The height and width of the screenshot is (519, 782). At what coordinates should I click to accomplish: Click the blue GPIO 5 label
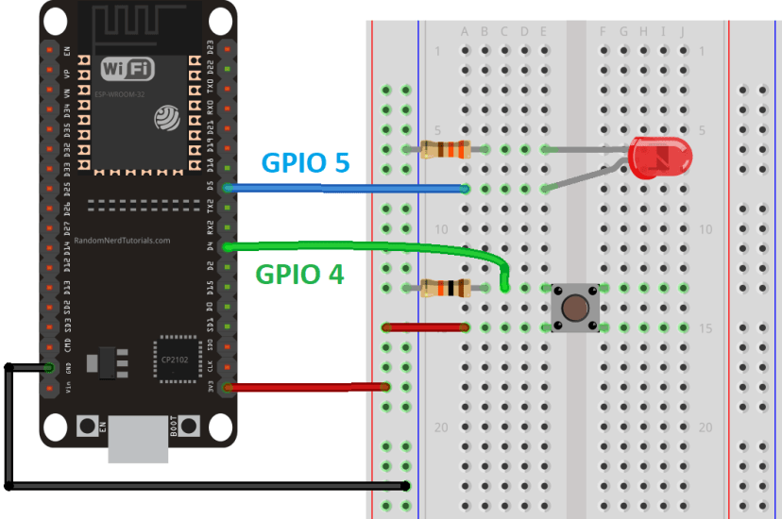[304, 162]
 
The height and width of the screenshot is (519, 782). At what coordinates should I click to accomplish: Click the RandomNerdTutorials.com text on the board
[122, 241]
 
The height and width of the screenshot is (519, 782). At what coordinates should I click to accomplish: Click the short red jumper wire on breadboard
[426, 327]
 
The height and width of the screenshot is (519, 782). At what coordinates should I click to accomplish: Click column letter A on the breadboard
[465, 32]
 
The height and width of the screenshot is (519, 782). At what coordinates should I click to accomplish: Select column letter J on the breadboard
[682, 32]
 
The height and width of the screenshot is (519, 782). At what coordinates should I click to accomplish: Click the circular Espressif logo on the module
[167, 116]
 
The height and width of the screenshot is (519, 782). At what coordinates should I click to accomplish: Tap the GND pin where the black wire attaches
[47, 367]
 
